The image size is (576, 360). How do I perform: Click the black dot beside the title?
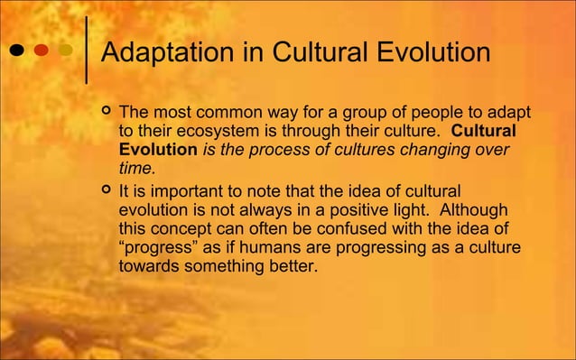pyautogui.click(x=17, y=50)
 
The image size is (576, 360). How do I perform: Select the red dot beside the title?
pyautogui.click(x=42, y=50)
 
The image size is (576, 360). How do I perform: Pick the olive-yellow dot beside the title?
pyautogui.click(x=66, y=50)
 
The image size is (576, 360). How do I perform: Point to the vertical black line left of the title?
pyautogui.click(x=86, y=50)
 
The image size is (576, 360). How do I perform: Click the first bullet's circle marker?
pyautogui.click(x=107, y=113)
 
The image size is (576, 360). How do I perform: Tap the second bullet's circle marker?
pyautogui.click(x=107, y=190)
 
